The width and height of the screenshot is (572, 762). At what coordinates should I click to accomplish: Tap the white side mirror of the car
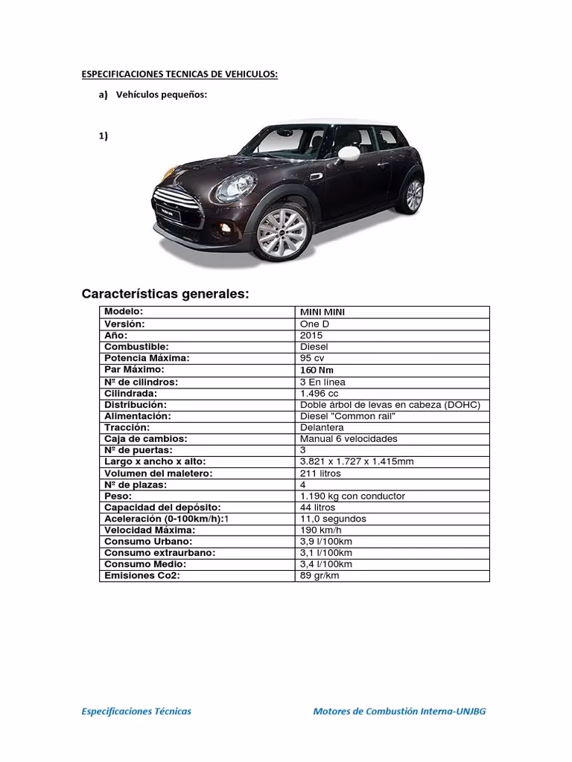tap(349, 153)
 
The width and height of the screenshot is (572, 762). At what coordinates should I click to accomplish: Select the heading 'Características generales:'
tap(165, 295)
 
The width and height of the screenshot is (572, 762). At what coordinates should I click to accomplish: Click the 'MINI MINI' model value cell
tap(322, 313)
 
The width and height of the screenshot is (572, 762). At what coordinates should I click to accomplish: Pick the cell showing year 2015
tap(311, 336)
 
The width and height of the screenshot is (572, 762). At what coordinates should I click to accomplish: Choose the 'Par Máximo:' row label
tap(134, 370)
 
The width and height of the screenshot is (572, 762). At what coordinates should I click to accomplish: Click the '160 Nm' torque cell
tap(317, 370)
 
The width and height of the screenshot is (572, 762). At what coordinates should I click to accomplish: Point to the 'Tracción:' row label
tap(127, 428)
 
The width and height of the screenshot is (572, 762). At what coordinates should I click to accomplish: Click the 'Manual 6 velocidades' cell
tap(349, 439)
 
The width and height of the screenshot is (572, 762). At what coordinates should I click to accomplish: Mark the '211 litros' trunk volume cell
tap(320, 473)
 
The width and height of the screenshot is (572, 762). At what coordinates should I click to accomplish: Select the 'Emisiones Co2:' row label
tap(142, 576)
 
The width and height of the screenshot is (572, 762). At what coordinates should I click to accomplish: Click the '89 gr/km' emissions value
tap(319, 576)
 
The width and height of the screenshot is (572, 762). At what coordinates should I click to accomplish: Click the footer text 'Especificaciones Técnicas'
tap(136, 711)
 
